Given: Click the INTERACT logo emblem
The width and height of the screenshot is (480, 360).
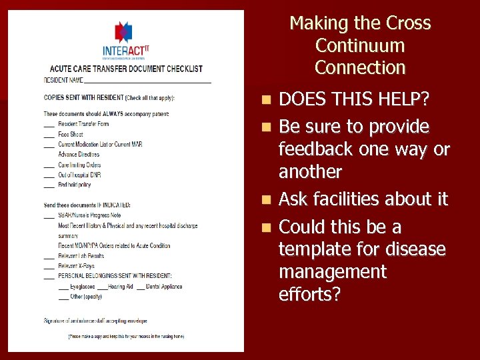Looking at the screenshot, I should [x=123, y=31].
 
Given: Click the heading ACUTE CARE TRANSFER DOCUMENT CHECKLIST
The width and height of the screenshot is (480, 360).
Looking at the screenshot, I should [x=126, y=69].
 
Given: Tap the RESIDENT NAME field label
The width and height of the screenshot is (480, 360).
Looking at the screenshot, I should [x=64, y=80].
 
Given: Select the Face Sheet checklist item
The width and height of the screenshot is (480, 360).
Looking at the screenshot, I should [x=71, y=135].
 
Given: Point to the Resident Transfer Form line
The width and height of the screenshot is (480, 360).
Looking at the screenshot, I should [x=83, y=125].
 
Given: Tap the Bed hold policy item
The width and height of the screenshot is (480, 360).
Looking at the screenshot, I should [x=75, y=185].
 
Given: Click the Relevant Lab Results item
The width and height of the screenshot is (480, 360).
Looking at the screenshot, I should [x=81, y=255].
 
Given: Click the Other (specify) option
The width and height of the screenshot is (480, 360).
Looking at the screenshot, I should [x=81, y=297].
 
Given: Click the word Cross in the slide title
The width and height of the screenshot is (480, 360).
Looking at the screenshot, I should [x=408, y=23].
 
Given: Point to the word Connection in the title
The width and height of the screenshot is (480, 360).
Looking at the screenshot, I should [x=360, y=67].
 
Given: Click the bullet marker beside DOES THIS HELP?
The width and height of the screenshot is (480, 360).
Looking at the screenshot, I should [x=267, y=101].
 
